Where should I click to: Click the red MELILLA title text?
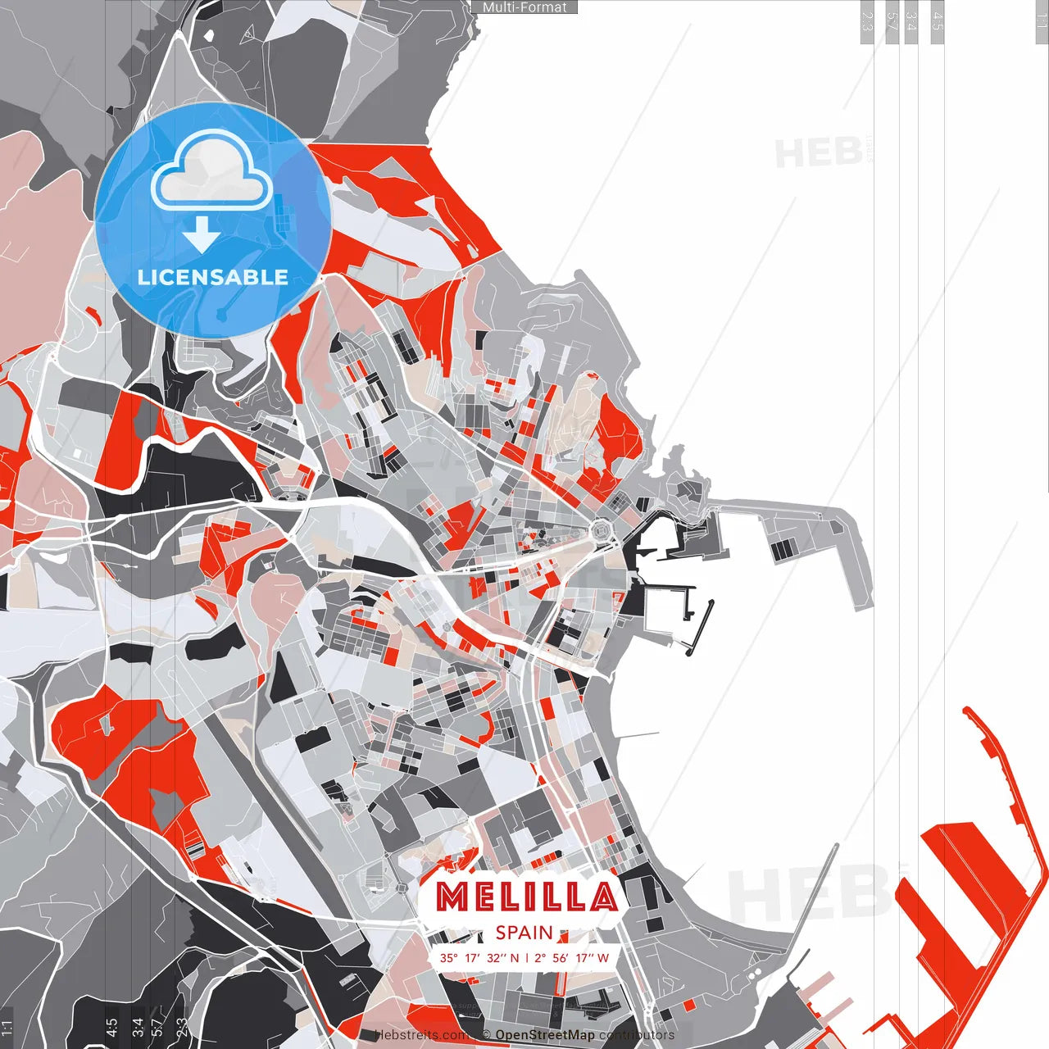[x=525, y=897]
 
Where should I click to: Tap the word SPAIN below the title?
[x=524, y=933]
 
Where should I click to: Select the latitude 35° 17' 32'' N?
[x=479, y=957]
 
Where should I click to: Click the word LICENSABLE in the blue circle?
[x=212, y=277]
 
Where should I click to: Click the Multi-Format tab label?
[x=524, y=7]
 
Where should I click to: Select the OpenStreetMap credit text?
[x=544, y=1035]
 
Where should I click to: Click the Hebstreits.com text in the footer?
[x=422, y=1035]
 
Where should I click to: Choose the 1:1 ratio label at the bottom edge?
[x=7, y=1028]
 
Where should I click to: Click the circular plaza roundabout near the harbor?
[x=604, y=530]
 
